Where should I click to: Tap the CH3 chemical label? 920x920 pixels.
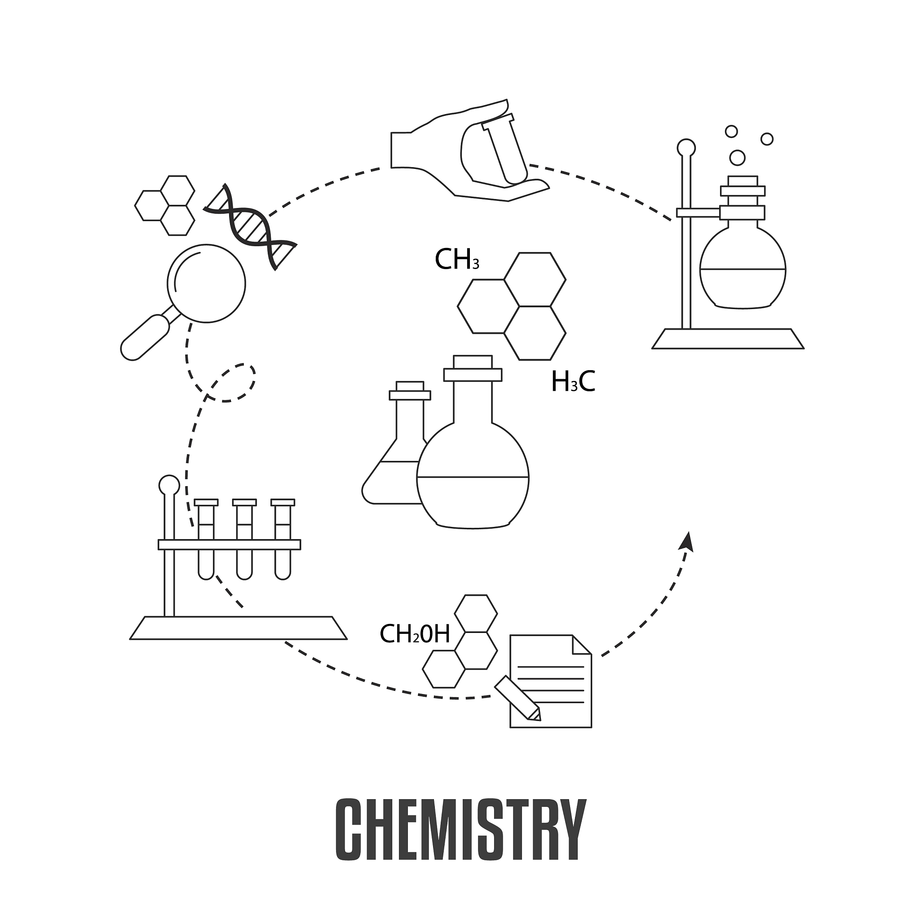coord(457,260)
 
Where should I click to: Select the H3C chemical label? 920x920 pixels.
coord(573,382)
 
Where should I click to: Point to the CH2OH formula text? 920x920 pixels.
coord(414,634)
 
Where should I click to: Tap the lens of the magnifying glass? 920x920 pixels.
coord(206,284)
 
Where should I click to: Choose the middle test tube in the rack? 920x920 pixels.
coord(244,538)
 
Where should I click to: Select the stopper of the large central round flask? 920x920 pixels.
coord(473,369)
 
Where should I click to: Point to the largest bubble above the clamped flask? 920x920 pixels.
coord(737,158)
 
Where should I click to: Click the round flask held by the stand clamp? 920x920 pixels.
coord(743,269)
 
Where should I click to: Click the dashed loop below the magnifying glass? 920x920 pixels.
coord(233,383)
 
